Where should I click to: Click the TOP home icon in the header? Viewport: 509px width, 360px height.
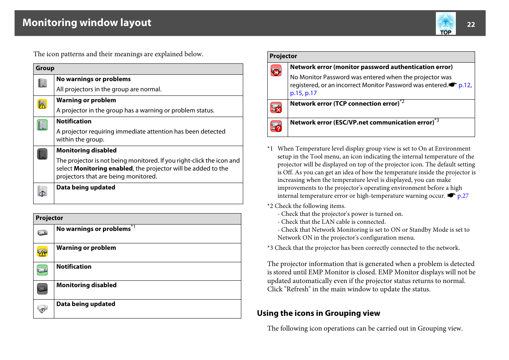pyautogui.click(x=446, y=23)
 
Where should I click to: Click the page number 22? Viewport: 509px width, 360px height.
pyautogui.click(x=471, y=25)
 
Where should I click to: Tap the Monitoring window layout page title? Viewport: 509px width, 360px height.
pyautogui.click(x=87, y=23)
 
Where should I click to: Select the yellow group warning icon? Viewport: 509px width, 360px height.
pyautogui.click(x=42, y=104)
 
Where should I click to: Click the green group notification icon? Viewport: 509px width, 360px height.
pyautogui.click(x=42, y=125)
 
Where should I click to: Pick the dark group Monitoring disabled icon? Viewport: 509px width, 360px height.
pyautogui.click(x=42, y=154)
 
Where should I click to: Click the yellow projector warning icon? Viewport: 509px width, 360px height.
pyautogui.click(x=42, y=251)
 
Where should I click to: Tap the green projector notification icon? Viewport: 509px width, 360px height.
pyautogui.click(x=42, y=270)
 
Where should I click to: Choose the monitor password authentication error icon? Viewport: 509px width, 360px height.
pyautogui.click(x=276, y=71)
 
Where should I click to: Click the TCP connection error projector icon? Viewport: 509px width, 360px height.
pyautogui.click(x=276, y=108)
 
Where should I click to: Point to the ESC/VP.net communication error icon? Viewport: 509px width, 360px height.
pyautogui.click(x=276, y=126)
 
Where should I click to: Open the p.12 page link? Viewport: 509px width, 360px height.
pyautogui.click(x=465, y=85)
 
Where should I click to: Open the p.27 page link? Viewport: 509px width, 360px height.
pyautogui.click(x=463, y=196)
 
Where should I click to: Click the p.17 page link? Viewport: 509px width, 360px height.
pyautogui.click(x=311, y=93)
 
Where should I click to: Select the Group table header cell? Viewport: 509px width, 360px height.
pyautogui.click(x=138, y=68)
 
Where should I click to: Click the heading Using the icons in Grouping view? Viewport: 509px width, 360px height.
pyautogui.click(x=319, y=313)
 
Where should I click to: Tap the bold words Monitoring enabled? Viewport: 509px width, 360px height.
pyautogui.click(x=103, y=169)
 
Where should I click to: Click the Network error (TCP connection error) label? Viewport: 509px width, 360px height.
pyautogui.click(x=345, y=104)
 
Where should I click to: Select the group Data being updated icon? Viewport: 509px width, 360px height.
pyautogui.click(x=42, y=191)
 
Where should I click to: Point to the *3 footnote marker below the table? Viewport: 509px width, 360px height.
pyautogui.click(x=270, y=248)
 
